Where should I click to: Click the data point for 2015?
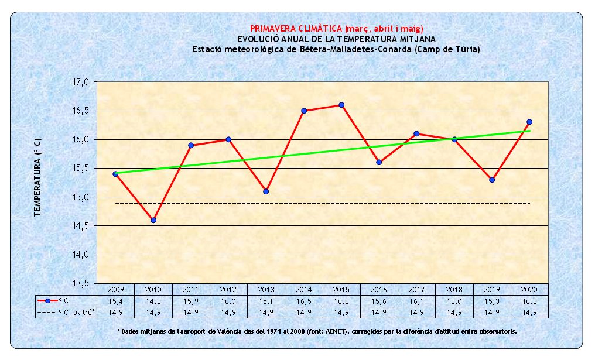coord(341,105)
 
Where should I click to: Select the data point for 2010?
coord(153,220)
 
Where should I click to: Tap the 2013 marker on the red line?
coord(266,191)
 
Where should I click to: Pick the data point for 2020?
coord(529,122)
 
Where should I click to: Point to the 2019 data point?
coord(492,180)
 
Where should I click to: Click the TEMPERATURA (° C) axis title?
coord(37,177)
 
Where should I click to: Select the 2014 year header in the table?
coord(303,289)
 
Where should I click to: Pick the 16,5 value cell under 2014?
coord(303,301)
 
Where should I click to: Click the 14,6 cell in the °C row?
coord(153,301)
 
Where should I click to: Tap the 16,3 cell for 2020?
coord(529,301)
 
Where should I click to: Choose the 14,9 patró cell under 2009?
coord(115,312)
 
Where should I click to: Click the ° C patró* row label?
coord(77,312)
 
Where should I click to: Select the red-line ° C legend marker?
coord(48,301)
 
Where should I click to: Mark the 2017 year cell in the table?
coord(416,289)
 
